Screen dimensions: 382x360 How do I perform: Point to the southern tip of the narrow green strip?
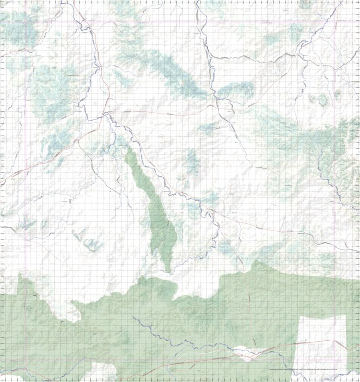(x=168, y=272)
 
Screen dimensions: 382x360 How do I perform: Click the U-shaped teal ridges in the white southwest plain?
(x=90, y=242)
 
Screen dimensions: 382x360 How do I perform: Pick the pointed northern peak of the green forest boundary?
(x=256, y=261)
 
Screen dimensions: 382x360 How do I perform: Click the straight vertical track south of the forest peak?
(x=249, y=303)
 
